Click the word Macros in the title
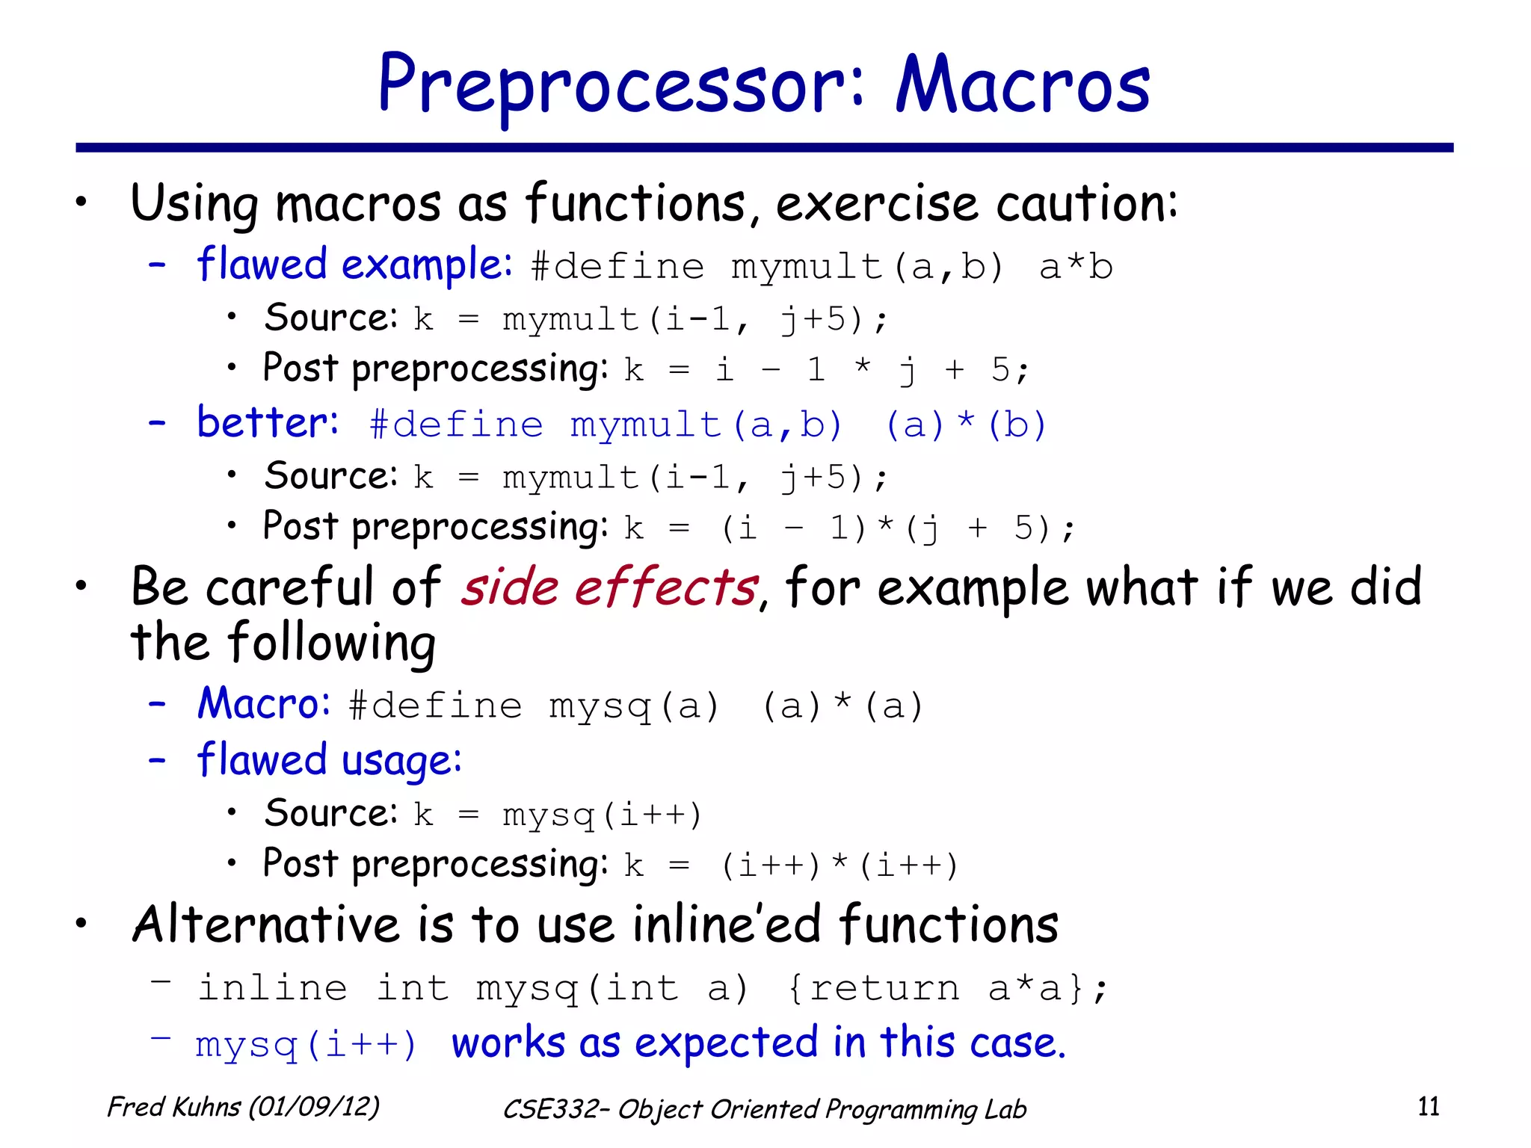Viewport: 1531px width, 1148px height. (x=1022, y=86)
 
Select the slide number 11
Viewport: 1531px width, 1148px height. (x=1428, y=1106)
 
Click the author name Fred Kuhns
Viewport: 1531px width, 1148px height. (x=174, y=1107)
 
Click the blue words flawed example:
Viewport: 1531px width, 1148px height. (x=354, y=265)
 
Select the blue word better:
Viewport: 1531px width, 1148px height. (x=267, y=423)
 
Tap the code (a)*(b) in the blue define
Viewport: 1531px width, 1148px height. (x=965, y=425)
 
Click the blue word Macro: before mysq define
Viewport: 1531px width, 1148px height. (x=263, y=704)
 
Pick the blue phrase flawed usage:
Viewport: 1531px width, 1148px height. (x=329, y=761)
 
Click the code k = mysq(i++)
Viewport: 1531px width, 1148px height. (x=558, y=815)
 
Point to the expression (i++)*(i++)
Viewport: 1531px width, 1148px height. (x=839, y=865)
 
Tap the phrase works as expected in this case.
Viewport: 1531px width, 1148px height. (x=758, y=1043)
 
